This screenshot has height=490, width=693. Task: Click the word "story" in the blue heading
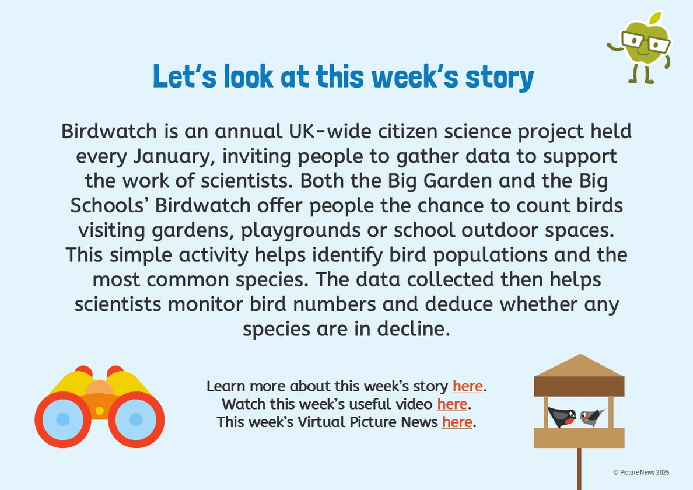[x=499, y=78]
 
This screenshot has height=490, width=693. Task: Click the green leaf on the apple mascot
[x=656, y=19]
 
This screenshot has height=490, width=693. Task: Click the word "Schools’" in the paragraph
[x=110, y=205]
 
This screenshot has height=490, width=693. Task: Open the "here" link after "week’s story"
[x=468, y=386]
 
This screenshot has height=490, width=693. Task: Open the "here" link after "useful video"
[x=452, y=404]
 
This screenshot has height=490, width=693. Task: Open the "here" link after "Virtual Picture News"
[x=457, y=422]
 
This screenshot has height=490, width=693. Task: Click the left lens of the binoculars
[x=63, y=419]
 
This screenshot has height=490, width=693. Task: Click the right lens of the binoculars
[x=136, y=419]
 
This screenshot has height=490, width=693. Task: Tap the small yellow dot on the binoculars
[x=100, y=411]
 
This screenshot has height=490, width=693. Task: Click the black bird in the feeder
[x=562, y=416]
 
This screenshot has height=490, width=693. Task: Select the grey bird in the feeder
[x=591, y=417]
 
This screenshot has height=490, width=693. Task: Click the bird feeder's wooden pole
[x=579, y=469]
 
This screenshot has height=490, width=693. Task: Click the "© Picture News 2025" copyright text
[x=641, y=473]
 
